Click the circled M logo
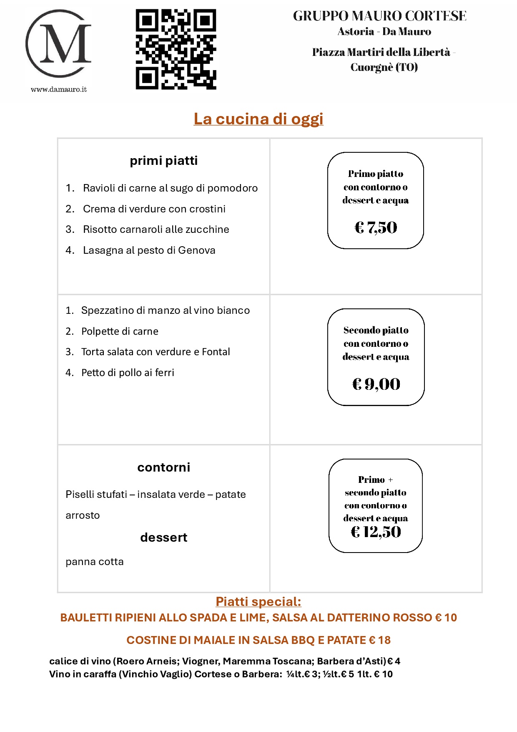pos(58,44)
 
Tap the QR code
pos(176,49)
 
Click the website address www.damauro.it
pos(59,89)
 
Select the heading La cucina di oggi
pos(258,119)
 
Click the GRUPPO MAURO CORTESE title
pos(379,16)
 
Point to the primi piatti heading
pos(163,161)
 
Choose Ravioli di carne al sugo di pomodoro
pos(170,188)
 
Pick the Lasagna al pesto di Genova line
pos(149,250)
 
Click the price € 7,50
pos(376,227)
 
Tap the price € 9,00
pos(376,384)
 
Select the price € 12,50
pos(376,532)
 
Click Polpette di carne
pos(120,331)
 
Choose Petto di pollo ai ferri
pos(128,373)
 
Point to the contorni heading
pos(163,467)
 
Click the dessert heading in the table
pos(163,538)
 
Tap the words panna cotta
pos(95,562)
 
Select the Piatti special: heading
pos(258,602)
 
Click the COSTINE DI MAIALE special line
pos(258,640)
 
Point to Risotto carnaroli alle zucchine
pos(156,230)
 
